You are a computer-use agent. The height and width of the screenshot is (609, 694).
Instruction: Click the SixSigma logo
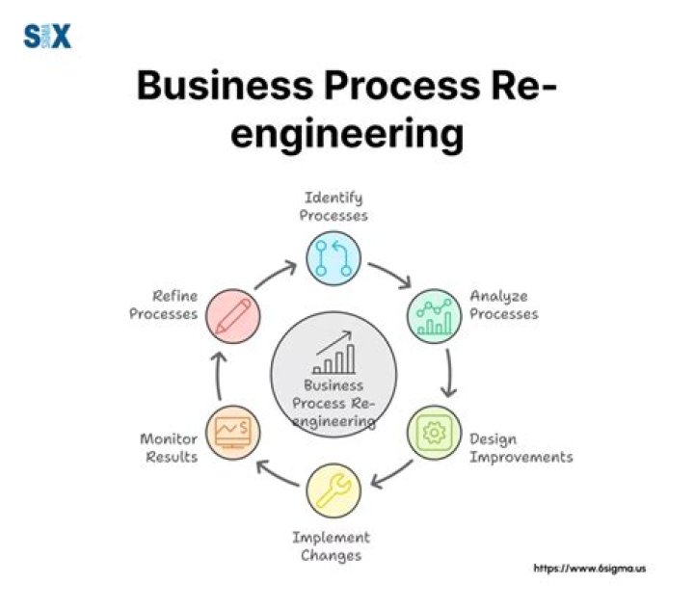point(47,37)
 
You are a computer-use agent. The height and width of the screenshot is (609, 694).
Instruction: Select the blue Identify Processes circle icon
point(334,259)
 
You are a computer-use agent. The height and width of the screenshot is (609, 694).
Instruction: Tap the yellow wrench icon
point(334,490)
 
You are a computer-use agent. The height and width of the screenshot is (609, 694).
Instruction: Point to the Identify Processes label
point(334,206)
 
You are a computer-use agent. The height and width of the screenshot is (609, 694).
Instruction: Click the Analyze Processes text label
point(503,304)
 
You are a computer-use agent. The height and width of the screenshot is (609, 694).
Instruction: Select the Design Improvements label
point(520,447)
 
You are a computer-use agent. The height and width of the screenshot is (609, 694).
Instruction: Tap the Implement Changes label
point(332,546)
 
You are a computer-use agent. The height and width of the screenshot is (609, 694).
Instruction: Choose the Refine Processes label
point(163,304)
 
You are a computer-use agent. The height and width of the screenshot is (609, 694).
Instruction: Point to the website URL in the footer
point(589,569)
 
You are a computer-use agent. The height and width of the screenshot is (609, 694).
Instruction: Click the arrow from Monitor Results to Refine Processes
point(220,376)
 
